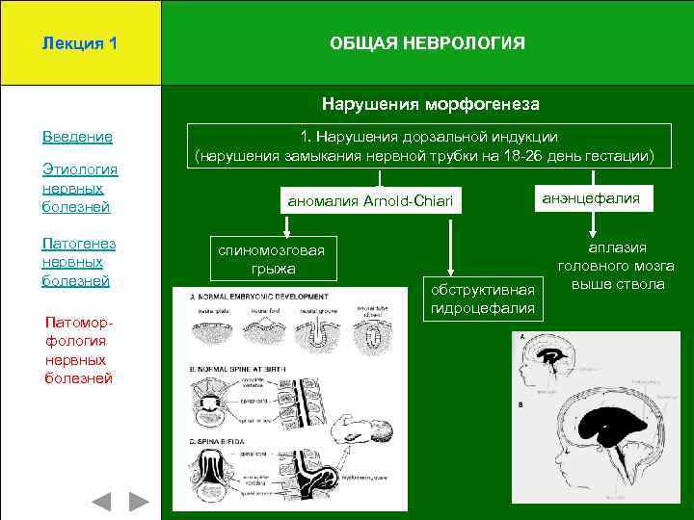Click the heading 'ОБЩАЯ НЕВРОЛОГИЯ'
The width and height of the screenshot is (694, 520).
(x=427, y=43)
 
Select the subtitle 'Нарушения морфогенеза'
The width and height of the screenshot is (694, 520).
(x=430, y=103)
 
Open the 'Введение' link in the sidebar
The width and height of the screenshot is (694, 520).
(x=77, y=137)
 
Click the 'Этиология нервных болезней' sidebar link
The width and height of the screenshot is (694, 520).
(x=79, y=188)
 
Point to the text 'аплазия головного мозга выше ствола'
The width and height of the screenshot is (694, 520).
(x=617, y=266)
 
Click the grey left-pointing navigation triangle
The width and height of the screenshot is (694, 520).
(x=102, y=501)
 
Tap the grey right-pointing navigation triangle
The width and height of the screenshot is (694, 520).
(x=140, y=501)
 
